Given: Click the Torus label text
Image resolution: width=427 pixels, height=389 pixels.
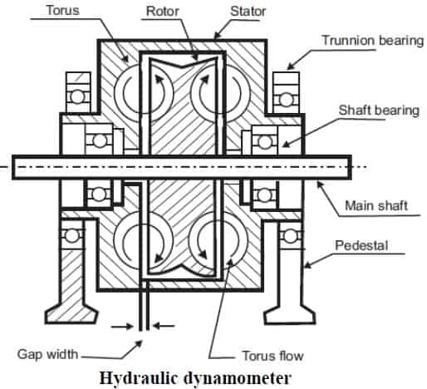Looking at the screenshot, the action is pos(63,10).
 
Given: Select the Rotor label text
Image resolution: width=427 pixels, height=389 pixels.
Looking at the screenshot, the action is pos(163,11).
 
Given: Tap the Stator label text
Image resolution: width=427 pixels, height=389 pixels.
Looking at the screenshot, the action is pos(248,11).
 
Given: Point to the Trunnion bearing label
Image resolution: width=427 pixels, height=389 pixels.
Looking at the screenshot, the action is pos(373,41).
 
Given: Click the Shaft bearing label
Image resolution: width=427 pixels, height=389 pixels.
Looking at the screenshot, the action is pos(379,110).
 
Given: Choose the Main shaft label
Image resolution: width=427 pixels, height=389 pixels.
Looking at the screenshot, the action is pos(376,206).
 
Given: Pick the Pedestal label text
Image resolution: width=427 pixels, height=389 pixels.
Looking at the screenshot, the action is pos(361,245).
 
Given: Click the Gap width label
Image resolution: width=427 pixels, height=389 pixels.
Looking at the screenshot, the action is pos(47,354).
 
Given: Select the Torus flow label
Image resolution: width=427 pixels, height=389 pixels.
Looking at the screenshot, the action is pos(272,356).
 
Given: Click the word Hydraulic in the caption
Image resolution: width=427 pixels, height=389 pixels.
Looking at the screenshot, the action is pos(138,378).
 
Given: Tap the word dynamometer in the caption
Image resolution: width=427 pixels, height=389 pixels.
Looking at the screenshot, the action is pos(237,377).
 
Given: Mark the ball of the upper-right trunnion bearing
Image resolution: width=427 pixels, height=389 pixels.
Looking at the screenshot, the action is pos(286,99).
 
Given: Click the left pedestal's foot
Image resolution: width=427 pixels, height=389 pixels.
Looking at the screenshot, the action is pos(72,314).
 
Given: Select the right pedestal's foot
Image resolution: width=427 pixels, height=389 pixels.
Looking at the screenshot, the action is pos(290,314).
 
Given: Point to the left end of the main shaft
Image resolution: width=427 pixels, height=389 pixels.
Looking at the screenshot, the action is pos(12,167).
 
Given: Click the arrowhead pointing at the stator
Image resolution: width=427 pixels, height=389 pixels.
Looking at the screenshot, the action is pos(218,34).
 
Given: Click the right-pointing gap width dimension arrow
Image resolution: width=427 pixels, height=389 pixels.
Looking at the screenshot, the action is pos(122,327).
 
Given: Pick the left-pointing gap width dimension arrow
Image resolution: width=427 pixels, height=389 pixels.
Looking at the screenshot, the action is pos(164,326).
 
